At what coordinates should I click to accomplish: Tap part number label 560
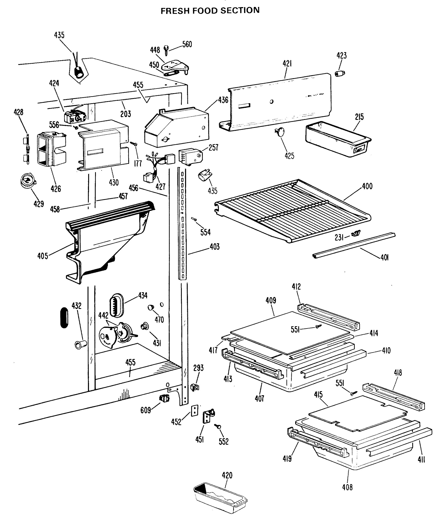(x=187, y=44)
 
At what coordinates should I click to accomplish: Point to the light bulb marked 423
(x=340, y=73)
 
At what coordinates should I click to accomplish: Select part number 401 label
(x=384, y=257)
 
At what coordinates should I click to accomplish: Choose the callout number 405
(x=43, y=256)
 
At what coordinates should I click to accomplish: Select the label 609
(x=146, y=410)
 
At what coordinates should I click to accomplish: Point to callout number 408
(x=347, y=487)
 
